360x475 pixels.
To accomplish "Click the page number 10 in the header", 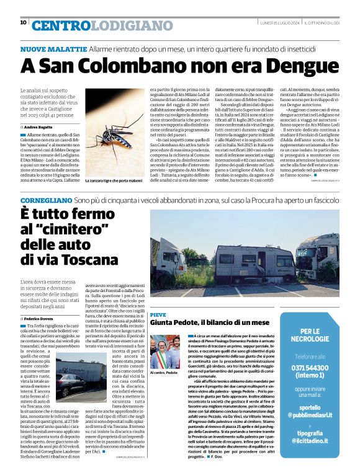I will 23,22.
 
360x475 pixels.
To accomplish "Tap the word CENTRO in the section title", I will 59,25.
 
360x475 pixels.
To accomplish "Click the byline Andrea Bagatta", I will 39,127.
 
